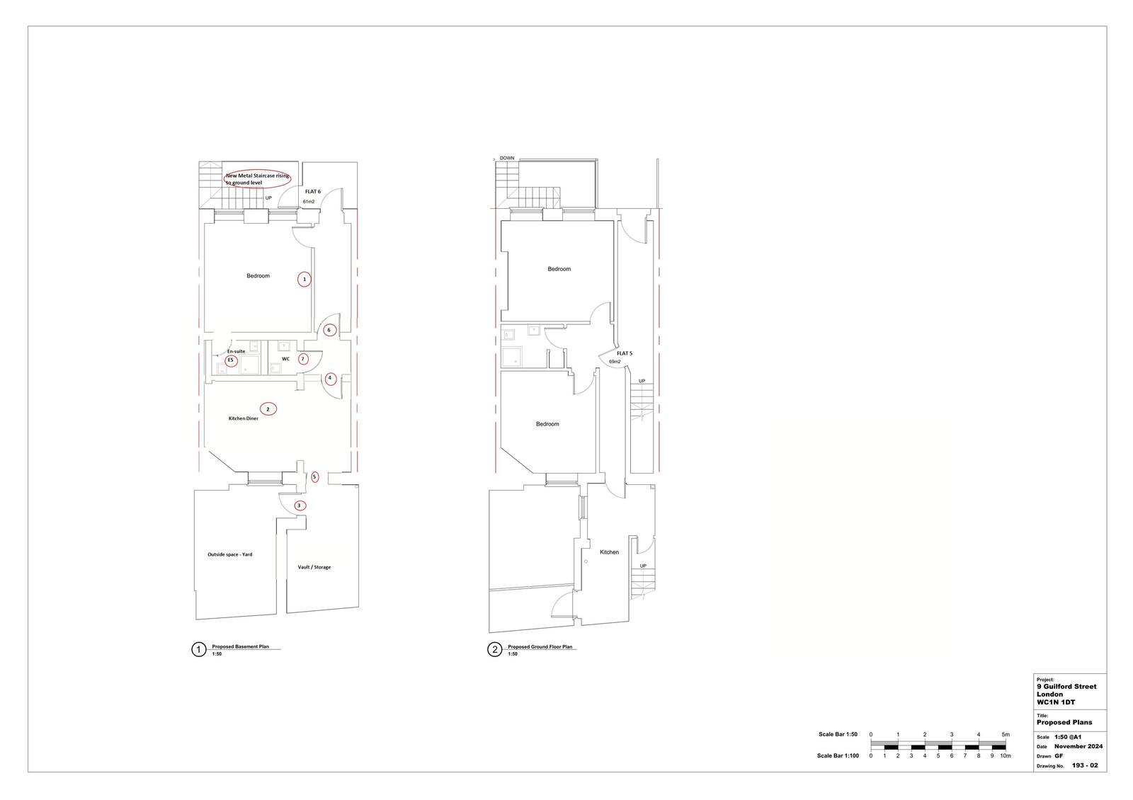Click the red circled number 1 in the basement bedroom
point(304,280)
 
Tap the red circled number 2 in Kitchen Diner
point(268,408)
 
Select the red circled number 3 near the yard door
point(300,505)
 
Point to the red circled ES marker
point(230,361)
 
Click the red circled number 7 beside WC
point(303,359)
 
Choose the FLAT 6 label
point(313,192)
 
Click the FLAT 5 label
point(624,353)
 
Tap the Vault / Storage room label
point(314,567)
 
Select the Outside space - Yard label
point(229,554)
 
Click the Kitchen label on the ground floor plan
point(609,552)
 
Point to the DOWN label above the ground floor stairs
point(507,159)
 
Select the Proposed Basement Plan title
point(240,647)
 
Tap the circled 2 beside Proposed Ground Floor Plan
point(494,650)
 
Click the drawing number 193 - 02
point(1084,765)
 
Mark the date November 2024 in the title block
point(1078,746)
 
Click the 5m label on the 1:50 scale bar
point(1006,734)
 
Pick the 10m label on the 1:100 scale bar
point(1005,756)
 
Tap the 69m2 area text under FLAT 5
point(615,362)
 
